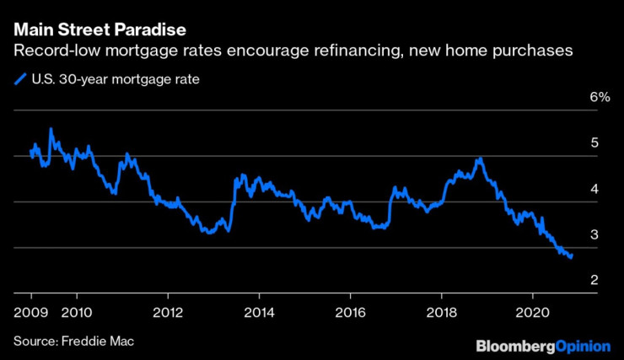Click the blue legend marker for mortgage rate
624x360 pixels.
pyautogui.click(x=19, y=80)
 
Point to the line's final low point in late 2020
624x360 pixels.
pyautogui.click(x=571, y=257)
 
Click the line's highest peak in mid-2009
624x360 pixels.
pyautogui.click(x=51, y=128)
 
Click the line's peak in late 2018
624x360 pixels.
pyautogui.click(x=480, y=158)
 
